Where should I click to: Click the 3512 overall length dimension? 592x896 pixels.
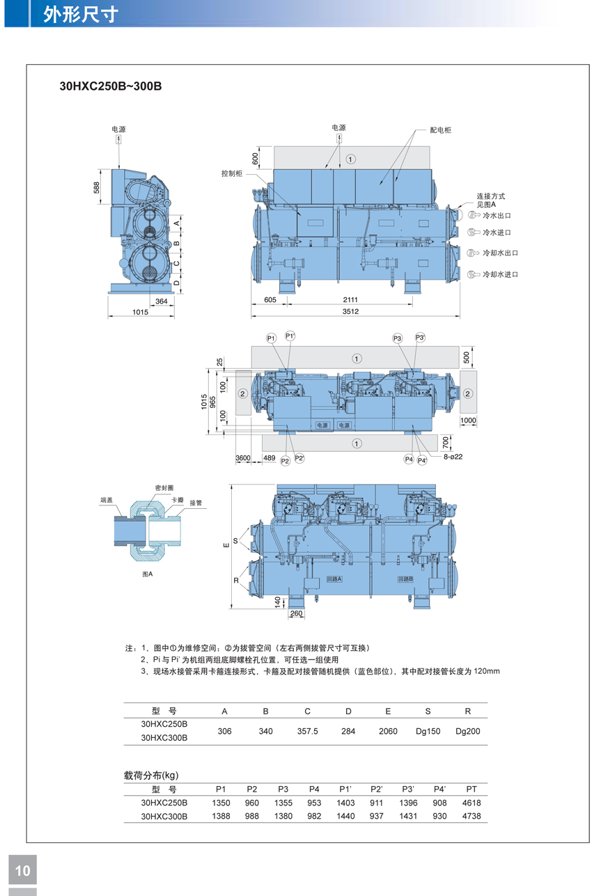pos(350,312)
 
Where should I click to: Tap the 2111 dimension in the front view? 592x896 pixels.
pos(350,299)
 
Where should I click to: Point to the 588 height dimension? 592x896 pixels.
pos(97,187)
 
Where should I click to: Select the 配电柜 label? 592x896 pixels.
pos(440,130)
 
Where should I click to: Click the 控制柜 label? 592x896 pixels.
pos(232,173)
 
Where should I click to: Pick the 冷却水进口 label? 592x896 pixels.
pos(500,274)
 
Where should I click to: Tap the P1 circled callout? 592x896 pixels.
pos(271,338)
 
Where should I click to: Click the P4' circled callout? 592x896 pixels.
pos(422,460)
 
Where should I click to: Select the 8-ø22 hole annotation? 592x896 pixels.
pos(453,457)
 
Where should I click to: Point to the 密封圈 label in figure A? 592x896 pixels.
pos(164,488)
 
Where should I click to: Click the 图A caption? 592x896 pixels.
pos(147,574)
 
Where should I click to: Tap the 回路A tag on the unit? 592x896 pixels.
pos(334,579)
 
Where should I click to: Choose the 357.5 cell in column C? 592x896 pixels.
pos(307,731)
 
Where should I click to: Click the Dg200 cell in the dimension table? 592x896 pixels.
pos(467,731)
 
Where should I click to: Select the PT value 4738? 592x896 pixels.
pos(472,816)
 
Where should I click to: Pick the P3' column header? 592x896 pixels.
pos(408,789)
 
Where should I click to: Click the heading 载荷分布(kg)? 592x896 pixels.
pos(151,775)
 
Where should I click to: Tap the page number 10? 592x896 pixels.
pos(22,871)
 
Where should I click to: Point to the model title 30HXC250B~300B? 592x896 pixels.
pos(111,86)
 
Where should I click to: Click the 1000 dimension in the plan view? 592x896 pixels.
pos(468,421)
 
